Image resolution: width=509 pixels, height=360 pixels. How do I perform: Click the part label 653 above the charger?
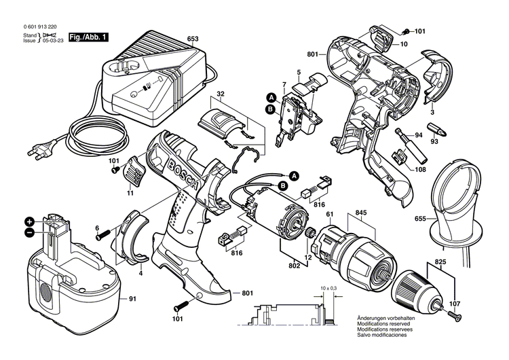tap(193, 39)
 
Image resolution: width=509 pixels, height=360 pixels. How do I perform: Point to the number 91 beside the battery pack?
tap(132, 299)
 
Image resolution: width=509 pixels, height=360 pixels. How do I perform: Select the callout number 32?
tap(221, 93)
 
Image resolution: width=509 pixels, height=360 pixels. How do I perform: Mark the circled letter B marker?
tap(269, 108)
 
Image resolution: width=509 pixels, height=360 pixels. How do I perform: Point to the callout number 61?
tap(331, 215)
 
